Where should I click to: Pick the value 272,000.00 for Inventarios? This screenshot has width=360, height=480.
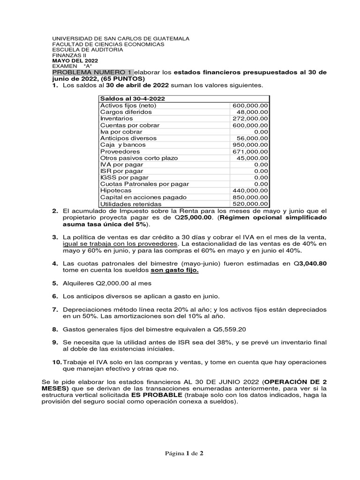coord(250,119)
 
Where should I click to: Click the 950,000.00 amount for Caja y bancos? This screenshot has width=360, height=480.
coord(250,145)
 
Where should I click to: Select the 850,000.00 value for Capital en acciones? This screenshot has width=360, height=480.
coord(250,197)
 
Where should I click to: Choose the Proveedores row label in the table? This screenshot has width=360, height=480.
coord(120,151)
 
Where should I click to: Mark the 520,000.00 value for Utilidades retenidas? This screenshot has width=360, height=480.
coord(250,204)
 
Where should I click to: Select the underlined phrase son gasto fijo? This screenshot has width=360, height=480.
coord(174,270)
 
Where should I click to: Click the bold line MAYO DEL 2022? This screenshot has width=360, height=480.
coord(75,60)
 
